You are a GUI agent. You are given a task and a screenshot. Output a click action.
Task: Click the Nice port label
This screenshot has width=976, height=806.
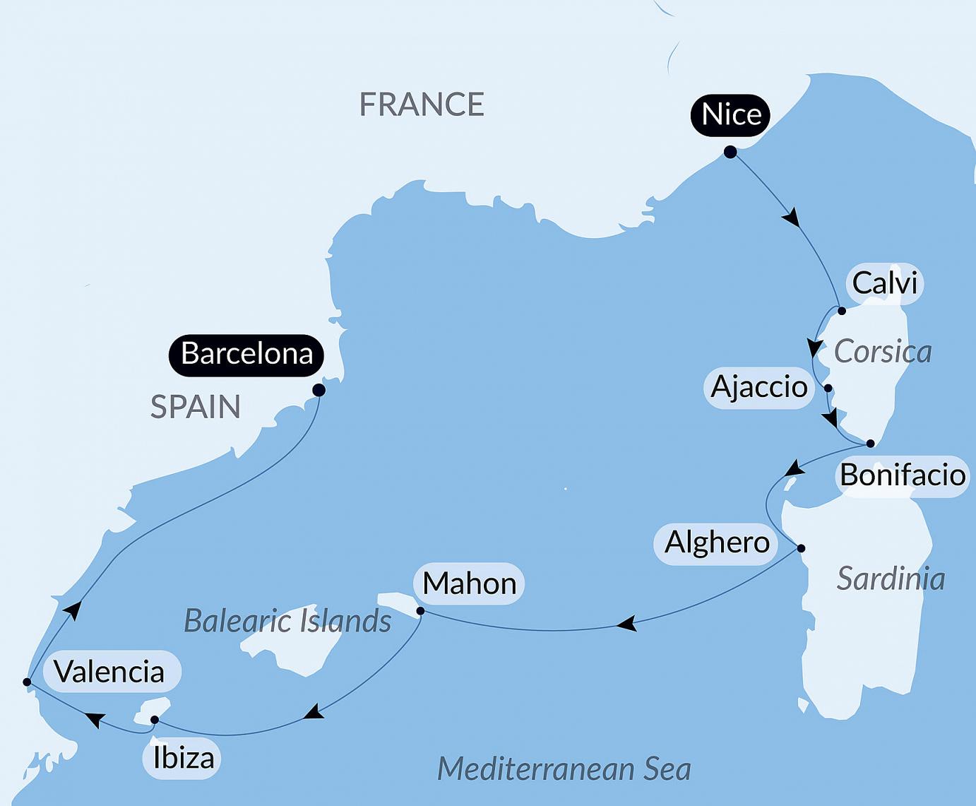pyautogui.click(x=731, y=114)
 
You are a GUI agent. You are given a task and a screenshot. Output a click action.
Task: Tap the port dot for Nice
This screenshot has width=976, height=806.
pyautogui.click(x=730, y=152)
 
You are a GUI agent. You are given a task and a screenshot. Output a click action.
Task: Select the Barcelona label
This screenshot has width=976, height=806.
pyautogui.click(x=246, y=353)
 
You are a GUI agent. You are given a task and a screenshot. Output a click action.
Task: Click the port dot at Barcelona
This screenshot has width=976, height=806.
pyautogui.click(x=319, y=390)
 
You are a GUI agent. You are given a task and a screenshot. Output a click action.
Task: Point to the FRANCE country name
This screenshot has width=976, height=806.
pyautogui.click(x=422, y=105)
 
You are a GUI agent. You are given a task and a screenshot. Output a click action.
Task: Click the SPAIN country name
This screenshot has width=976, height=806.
pyautogui.click(x=196, y=407)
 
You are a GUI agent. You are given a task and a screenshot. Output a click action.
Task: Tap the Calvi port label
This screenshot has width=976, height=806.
pyautogui.click(x=884, y=283)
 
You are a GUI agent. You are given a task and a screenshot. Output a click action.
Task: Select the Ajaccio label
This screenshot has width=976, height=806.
pyautogui.click(x=759, y=386)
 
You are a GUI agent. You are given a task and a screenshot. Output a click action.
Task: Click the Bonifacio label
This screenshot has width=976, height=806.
pyautogui.click(x=903, y=475)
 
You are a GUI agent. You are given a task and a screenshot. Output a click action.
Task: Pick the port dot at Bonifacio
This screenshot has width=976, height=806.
pyautogui.click(x=870, y=444)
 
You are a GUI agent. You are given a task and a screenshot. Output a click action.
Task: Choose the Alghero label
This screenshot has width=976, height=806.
pyautogui.click(x=717, y=543)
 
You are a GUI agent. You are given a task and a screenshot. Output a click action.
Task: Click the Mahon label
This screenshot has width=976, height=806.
pyautogui.click(x=470, y=583)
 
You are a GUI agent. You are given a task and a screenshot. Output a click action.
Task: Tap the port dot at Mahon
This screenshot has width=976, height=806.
pyautogui.click(x=420, y=611)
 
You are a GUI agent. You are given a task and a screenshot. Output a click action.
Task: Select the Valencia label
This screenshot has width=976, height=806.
pyautogui.click(x=109, y=671)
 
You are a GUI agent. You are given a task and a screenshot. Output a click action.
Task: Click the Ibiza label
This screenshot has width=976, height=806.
pyautogui.click(x=184, y=758)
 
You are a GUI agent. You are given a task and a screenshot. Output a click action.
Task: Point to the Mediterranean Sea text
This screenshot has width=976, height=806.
pyautogui.click(x=564, y=769)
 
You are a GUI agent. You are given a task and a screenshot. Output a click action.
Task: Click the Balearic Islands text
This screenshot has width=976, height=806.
pyautogui.click(x=287, y=621)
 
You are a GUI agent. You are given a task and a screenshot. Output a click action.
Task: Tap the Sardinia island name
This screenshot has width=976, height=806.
pyautogui.click(x=891, y=579)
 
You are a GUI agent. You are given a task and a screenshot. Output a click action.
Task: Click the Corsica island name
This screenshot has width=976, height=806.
pyautogui.click(x=883, y=352)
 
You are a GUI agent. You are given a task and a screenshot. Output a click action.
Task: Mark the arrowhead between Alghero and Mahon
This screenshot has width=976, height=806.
pyautogui.click(x=627, y=624)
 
